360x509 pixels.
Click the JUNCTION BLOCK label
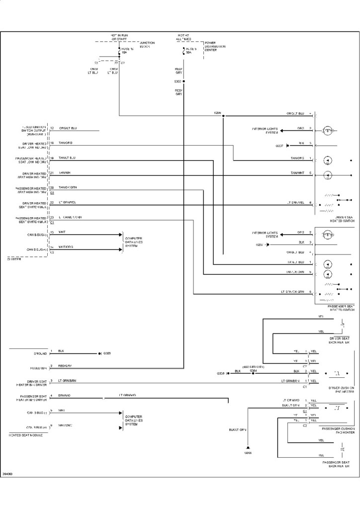tap(148, 45)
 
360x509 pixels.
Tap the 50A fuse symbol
tap(184, 50)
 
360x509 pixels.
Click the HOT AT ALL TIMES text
tap(183, 37)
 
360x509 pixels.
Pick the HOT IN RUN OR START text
tap(119, 37)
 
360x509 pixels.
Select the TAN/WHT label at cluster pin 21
tap(65, 173)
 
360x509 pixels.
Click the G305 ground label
tap(107, 353)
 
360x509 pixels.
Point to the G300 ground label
tap(248, 453)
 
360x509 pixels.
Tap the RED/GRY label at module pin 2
tap(65, 366)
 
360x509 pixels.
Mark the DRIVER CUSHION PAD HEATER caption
tap(341, 390)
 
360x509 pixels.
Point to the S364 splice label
tap(253, 371)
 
